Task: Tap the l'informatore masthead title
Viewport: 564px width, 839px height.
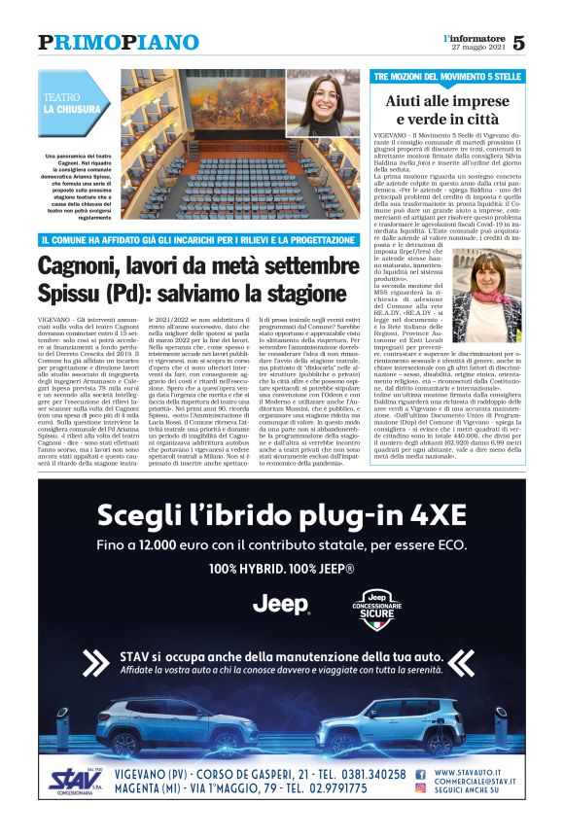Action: pyautogui.click(x=473, y=37)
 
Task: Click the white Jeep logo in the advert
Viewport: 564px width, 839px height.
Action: pyautogui.click(x=281, y=604)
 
